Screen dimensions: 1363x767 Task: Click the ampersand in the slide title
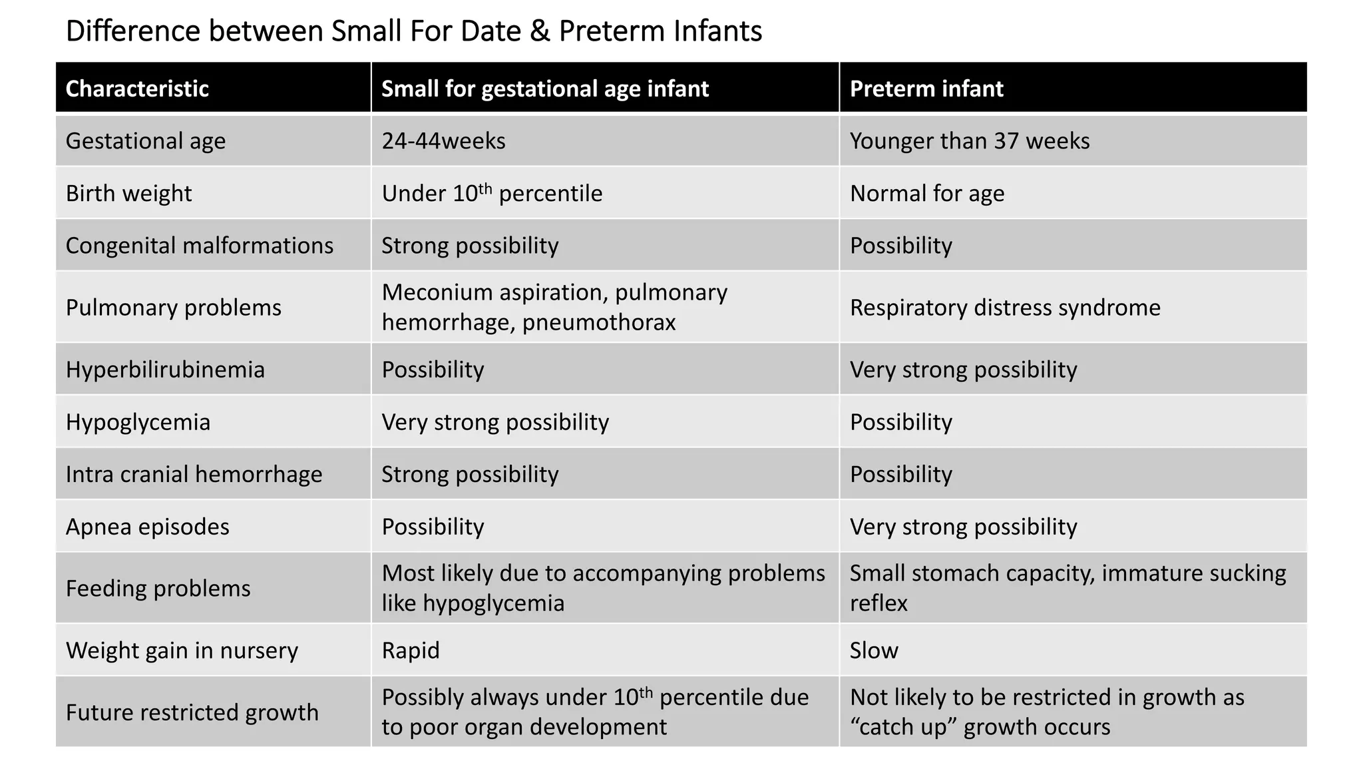point(540,31)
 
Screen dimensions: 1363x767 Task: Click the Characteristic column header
point(137,89)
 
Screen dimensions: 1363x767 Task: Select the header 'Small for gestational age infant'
point(545,89)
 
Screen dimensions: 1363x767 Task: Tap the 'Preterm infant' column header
point(926,89)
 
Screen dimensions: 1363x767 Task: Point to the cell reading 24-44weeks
point(443,141)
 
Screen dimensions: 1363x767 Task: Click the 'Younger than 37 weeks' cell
point(970,141)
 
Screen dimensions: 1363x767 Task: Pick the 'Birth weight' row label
point(128,194)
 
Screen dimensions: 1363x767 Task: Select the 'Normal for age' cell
point(927,194)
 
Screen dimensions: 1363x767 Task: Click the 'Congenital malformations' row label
point(200,246)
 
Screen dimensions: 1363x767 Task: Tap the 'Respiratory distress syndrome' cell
point(1005,308)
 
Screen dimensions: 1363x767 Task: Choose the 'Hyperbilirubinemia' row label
point(165,370)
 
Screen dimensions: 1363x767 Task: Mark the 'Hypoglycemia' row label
point(138,422)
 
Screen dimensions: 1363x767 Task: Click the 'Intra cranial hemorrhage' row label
point(194,474)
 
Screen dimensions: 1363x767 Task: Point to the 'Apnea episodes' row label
point(147,527)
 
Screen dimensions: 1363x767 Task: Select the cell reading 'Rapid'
point(411,650)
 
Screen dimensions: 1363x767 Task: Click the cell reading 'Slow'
point(874,650)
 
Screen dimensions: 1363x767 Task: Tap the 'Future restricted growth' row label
point(192,712)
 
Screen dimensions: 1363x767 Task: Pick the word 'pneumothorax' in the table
point(599,322)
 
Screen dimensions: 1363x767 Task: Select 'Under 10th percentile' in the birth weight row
point(492,193)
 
